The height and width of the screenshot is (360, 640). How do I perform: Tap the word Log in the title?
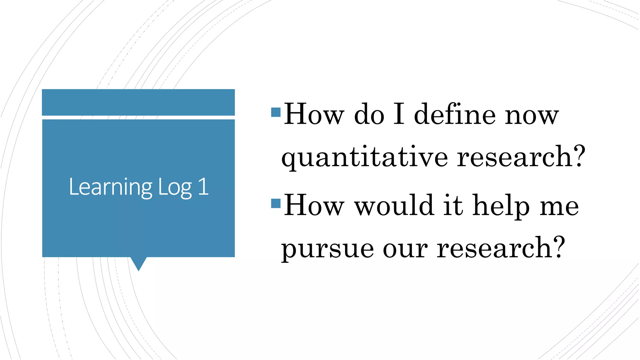click(x=175, y=187)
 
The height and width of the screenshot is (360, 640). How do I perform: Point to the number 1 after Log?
click(x=203, y=187)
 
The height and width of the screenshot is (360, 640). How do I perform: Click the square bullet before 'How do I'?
click(x=276, y=112)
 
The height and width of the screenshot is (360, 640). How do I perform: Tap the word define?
click(x=455, y=115)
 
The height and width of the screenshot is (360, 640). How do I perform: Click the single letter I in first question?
click(x=399, y=115)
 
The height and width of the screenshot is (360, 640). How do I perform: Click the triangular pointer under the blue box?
click(x=138, y=263)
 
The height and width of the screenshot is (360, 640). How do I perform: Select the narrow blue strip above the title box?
click(x=138, y=102)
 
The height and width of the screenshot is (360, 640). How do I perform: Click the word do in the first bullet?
click(x=369, y=115)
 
